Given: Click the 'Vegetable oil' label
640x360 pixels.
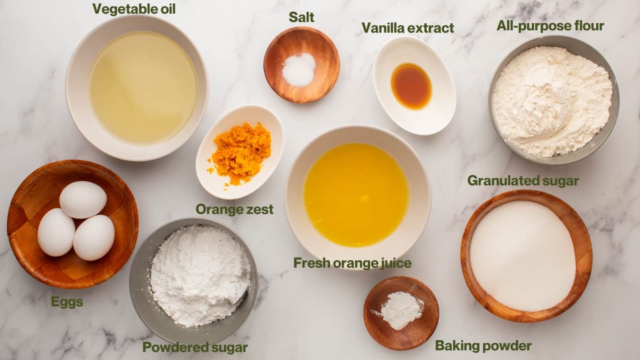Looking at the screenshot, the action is click(134, 9).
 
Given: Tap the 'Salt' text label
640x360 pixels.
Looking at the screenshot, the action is click(301, 17).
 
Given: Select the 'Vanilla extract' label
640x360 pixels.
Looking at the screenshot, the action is click(408, 28).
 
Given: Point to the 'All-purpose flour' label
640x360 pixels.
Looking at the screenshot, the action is click(550, 26).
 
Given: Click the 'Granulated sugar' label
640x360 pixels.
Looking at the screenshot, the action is click(523, 181).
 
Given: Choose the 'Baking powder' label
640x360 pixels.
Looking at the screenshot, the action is click(483, 346).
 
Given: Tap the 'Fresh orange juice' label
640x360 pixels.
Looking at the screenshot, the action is click(352, 263).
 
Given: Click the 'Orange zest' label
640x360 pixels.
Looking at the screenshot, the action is click(235, 209).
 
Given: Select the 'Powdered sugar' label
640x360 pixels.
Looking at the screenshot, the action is click(195, 347).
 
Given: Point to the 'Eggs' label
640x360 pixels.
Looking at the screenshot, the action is click(67, 302).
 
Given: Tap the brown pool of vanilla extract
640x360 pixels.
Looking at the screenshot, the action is click(411, 87).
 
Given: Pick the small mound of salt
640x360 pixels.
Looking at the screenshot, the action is click(299, 70).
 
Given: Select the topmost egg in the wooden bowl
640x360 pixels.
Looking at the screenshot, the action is click(83, 200).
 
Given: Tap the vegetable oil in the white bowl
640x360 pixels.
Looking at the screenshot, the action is click(143, 87).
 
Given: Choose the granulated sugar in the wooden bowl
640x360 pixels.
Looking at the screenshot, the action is click(522, 256).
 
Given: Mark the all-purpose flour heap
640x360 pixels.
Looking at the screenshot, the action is click(552, 101).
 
